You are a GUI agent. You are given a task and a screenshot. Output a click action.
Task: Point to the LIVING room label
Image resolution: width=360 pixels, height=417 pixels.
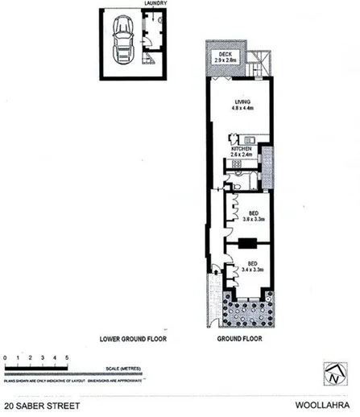click(x=238, y=101)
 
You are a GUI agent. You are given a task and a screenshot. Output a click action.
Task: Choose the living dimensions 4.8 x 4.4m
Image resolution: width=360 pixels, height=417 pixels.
click(x=238, y=108)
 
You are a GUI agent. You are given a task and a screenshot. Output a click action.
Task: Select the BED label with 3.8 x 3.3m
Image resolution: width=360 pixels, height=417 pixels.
click(x=253, y=213)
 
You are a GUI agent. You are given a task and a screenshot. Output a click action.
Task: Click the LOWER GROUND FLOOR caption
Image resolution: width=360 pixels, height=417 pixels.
click(x=131, y=338)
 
